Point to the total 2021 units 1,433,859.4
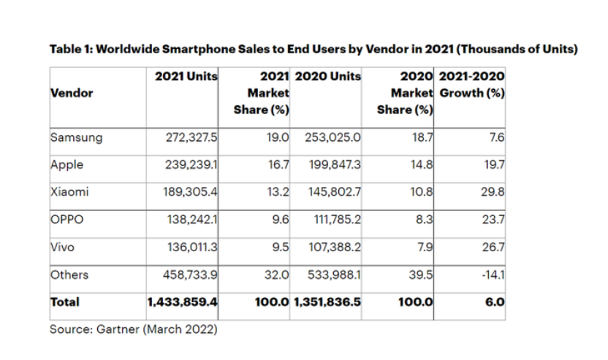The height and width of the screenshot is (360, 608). pos(183,301)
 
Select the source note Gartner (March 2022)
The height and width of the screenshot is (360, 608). pos(133,329)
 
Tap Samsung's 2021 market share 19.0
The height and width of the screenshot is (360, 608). pos(278,137)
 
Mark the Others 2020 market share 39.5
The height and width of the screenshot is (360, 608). pos(424,275)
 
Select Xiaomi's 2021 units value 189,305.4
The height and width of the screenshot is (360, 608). pos(192,192)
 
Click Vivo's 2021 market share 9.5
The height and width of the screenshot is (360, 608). pos(280,248)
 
